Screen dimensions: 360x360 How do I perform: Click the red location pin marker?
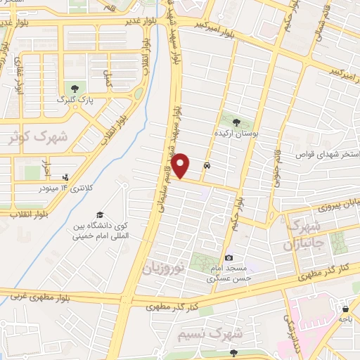pyautogui.click(x=181, y=165)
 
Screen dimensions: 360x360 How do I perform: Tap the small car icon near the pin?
pyautogui.click(x=206, y=167)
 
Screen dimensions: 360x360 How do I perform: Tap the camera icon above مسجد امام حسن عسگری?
pyautogui.click(x=229, y=258)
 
